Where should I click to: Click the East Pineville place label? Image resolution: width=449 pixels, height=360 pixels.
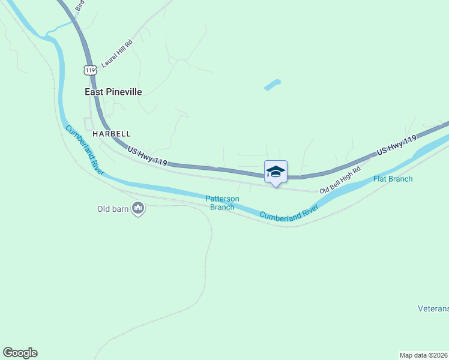113,92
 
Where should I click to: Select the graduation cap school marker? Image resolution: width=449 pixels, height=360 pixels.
276,172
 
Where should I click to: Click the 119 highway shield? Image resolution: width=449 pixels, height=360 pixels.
91,70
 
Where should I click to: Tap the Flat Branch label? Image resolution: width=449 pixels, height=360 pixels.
393,179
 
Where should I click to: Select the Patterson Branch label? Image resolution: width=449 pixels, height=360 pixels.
222,203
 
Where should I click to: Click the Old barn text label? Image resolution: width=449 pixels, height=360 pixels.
113,209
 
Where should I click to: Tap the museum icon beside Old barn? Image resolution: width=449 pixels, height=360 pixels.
139,209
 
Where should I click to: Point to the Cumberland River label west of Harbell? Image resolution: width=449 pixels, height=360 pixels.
85,149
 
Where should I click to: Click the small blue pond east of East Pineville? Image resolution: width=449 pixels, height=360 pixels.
273,85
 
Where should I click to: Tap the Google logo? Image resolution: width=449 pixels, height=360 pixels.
20,353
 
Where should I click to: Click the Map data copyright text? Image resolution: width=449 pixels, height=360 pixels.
423,355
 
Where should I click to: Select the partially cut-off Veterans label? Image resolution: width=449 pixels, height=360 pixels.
433,309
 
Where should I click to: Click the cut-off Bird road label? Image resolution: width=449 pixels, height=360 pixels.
80,6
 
